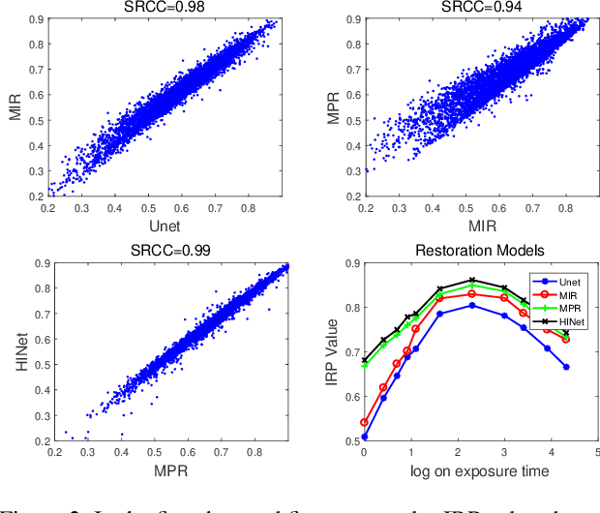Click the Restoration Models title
pos(470,250)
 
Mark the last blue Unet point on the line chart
pos(566,367)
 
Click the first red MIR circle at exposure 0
pos(364,422)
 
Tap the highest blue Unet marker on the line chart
pos(471,305)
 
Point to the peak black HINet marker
pos(471,280)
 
